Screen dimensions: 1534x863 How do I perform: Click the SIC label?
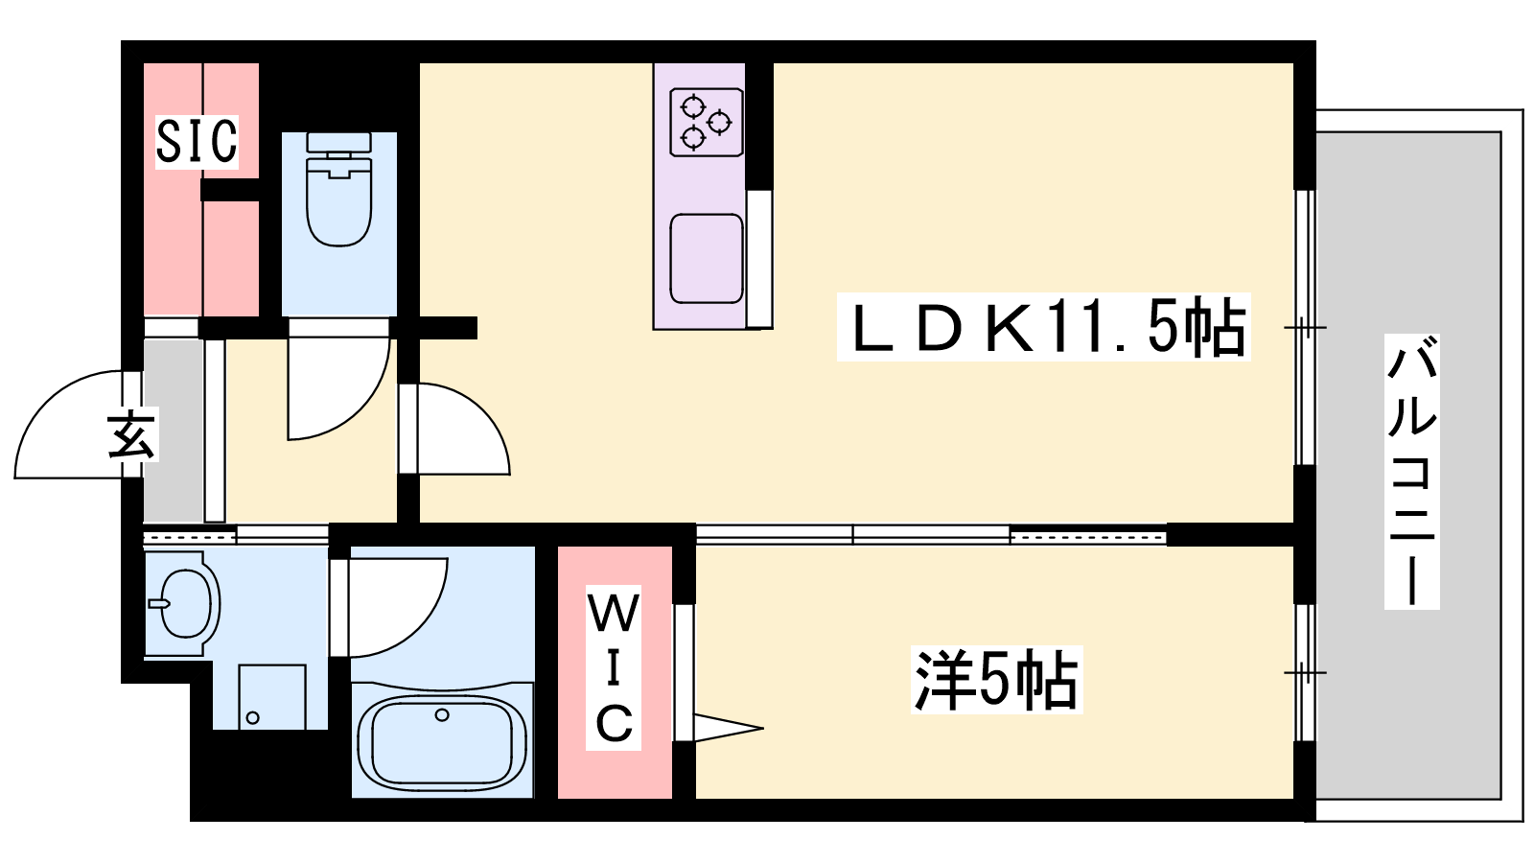click(x=197, y=141)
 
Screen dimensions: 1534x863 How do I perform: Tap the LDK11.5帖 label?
click(x=1044, y=327)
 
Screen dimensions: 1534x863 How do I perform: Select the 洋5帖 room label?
click(x=996, y=680)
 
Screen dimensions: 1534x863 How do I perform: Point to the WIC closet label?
click(x=613, y=667)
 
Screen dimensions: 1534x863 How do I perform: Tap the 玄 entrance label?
click(x=131, y=434)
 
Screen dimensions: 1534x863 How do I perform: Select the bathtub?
click(x=442, y=739)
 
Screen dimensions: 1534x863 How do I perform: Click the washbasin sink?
click(x=182, y=603)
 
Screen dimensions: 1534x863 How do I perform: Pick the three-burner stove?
click(x=706, y=122)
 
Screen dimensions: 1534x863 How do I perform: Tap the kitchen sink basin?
click(x=706, y=259)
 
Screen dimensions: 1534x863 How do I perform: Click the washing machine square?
click(x=272, y=696)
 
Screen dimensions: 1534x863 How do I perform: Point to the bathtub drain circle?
click(x=442, y=715)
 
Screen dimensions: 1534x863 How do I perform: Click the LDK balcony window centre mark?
click(x=1305, y=327)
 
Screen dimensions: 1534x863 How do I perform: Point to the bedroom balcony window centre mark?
click(x=1305, y=672)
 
